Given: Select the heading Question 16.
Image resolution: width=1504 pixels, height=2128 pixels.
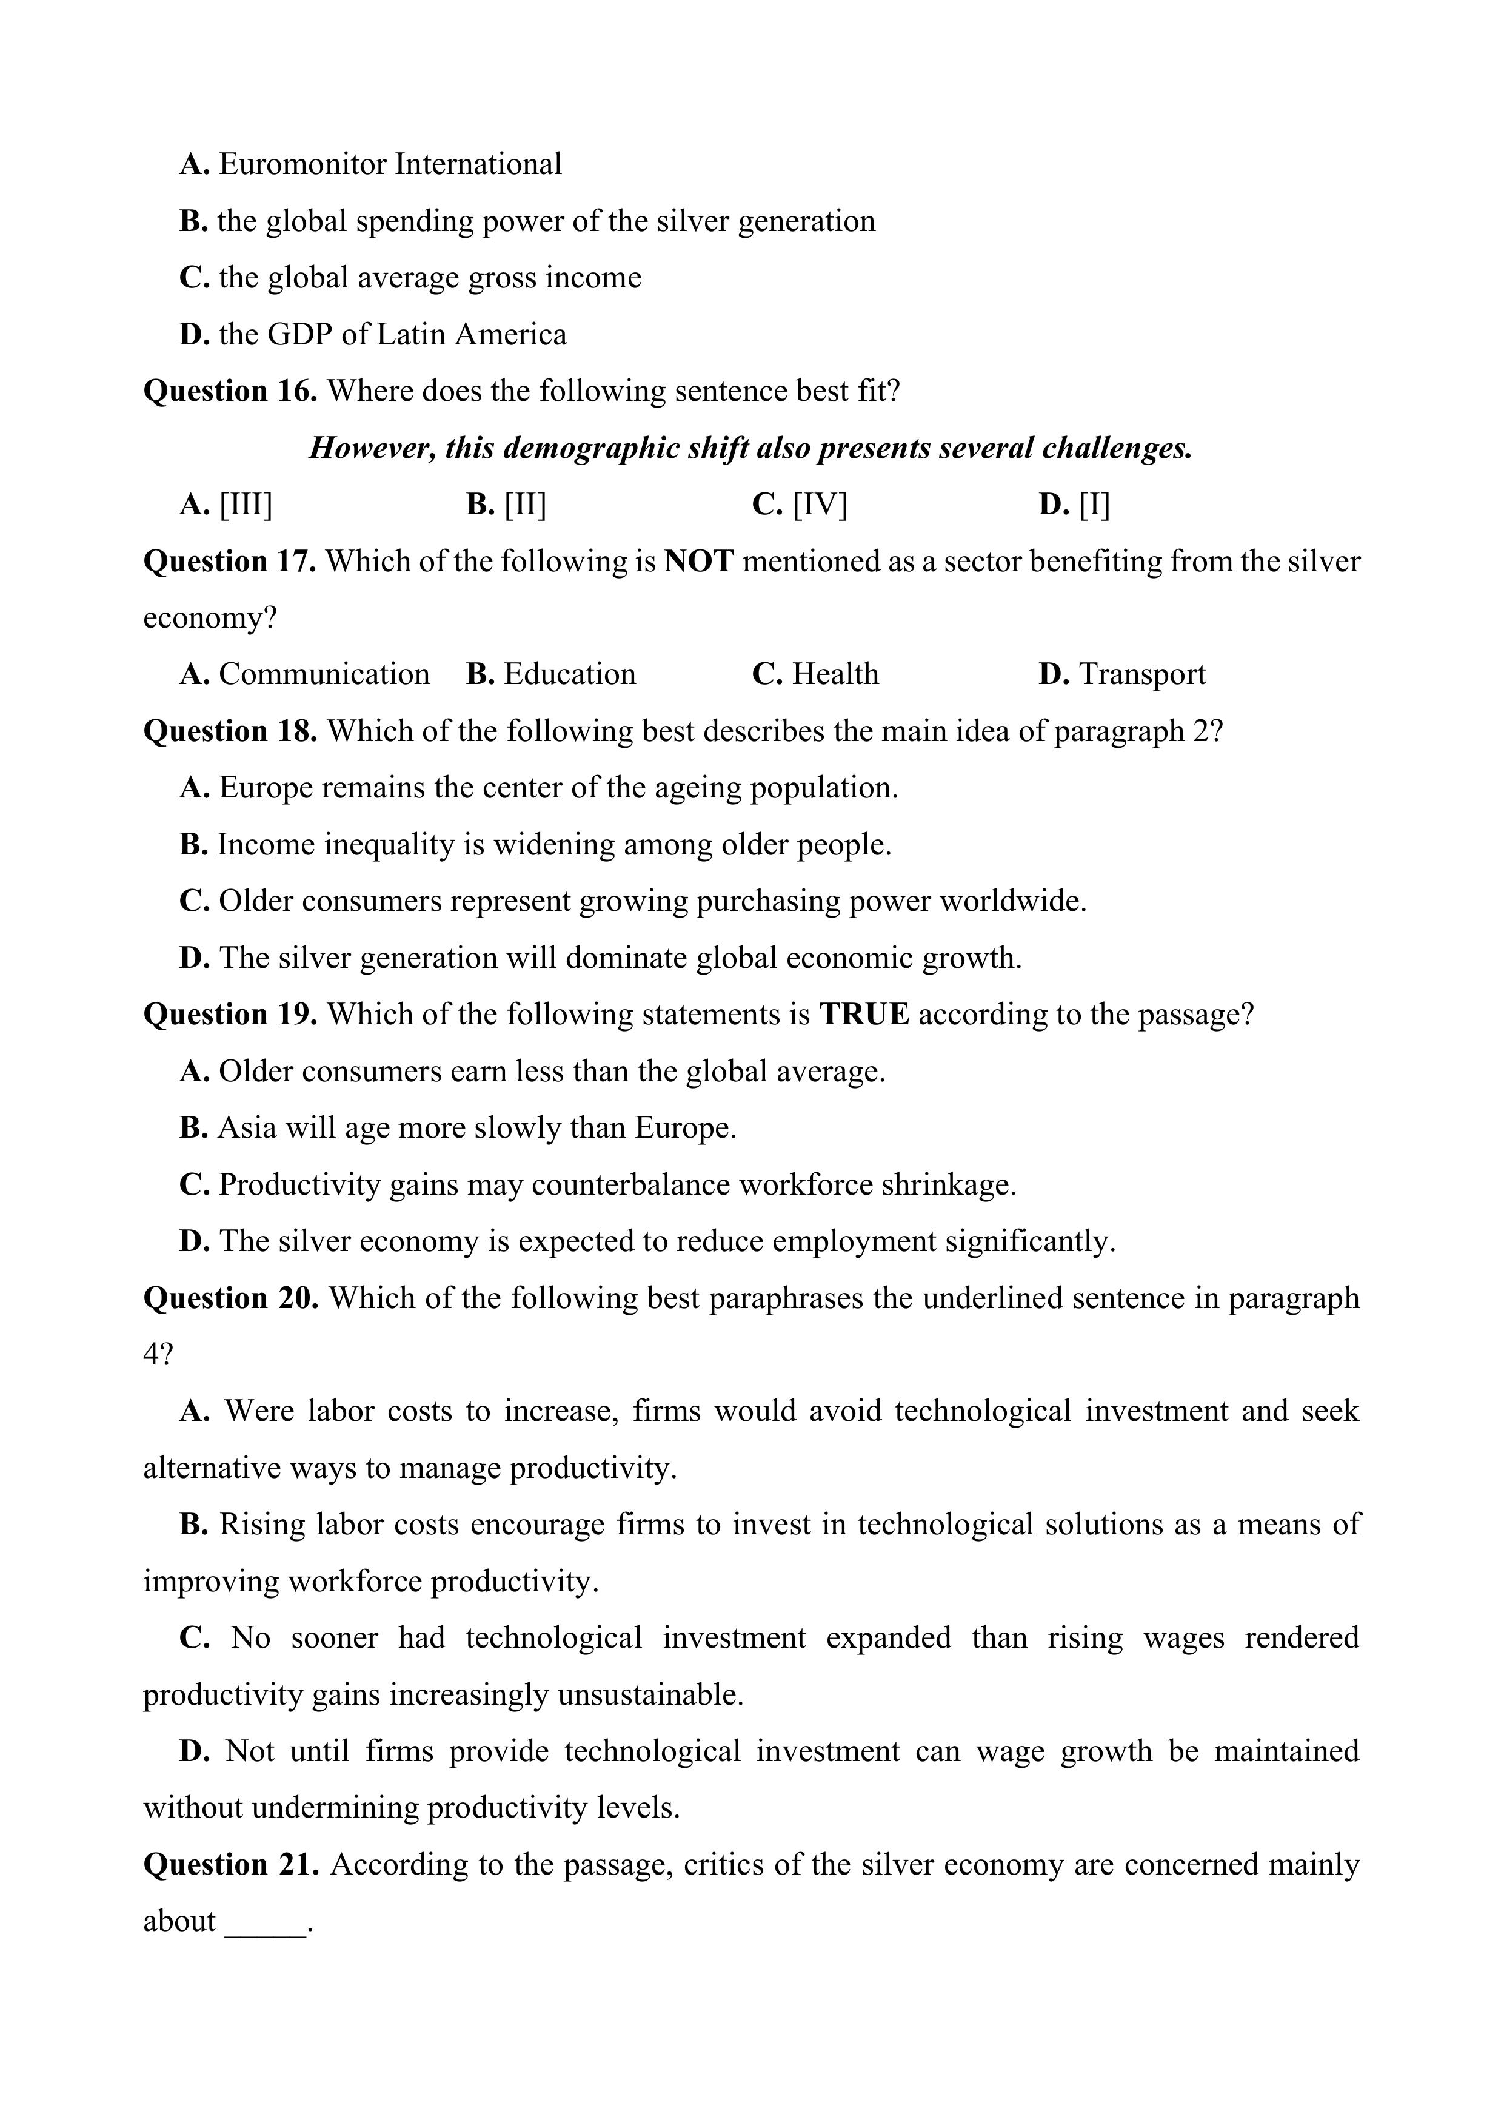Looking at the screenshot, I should coord(230,391).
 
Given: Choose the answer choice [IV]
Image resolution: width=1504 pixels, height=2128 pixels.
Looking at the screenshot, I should coord(820,505).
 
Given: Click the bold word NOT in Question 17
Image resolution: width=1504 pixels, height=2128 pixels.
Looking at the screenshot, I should coord(700,562).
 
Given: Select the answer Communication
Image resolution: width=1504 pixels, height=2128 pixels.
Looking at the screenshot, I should coord(324,674).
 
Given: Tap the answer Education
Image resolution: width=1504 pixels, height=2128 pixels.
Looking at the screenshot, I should coord(570,674).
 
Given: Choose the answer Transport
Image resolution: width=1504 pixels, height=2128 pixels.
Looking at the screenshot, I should coord(1141,674).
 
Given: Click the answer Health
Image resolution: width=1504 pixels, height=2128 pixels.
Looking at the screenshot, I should coord(835,674).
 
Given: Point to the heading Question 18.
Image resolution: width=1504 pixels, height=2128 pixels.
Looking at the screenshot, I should coord(230,731).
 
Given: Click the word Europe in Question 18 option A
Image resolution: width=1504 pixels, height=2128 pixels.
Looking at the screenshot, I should coord(266,788).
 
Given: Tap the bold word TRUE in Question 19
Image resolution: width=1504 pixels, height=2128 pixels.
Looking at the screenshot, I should coord(864,1015).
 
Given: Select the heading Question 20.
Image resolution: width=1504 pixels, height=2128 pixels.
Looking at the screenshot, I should coord(231,1298).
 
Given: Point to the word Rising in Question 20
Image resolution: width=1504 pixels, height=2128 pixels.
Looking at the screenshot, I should coord(262,1525).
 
